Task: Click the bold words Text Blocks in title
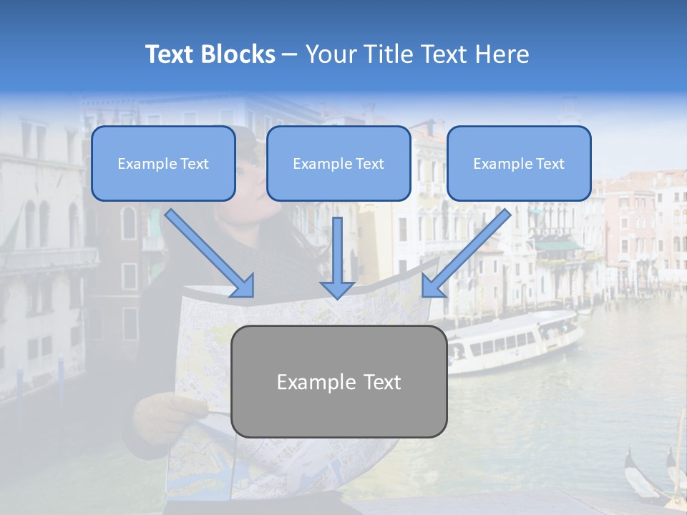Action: (x=210, y=54)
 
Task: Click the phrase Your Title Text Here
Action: (x=417, y=54)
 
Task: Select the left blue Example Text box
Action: (x=163, y=164)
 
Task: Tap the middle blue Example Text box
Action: (x=338, y=164)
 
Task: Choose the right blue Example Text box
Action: (x=519, y=164)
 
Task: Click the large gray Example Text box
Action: (x=338, y=381)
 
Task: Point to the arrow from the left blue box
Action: (x=210, y=254)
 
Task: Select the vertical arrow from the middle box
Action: (x=337, y=257)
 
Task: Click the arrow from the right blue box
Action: (x=466, y=254)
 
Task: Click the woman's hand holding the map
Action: (x=161, y=411)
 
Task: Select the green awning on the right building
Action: (x=559, y=246)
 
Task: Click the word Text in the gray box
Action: (x=379, y=382)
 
